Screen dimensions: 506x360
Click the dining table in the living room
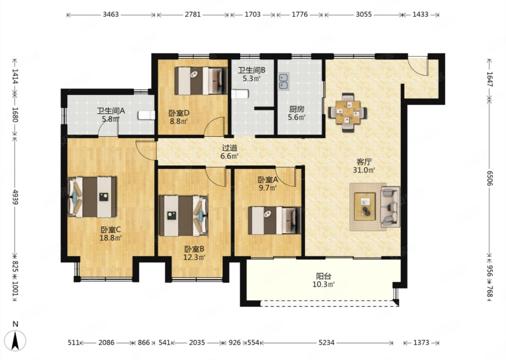348,112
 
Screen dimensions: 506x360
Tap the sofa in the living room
390,207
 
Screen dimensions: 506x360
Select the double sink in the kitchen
284,81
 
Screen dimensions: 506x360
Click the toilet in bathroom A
147,115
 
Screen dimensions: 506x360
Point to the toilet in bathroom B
240,94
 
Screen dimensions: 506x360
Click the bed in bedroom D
201,81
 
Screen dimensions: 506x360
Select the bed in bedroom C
92,197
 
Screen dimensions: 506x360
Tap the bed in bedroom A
274,220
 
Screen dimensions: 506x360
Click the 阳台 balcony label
324,276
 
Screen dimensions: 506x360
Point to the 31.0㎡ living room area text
364,170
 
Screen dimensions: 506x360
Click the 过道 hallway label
229,148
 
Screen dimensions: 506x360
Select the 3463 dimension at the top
111,14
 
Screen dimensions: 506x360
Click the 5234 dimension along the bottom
326,343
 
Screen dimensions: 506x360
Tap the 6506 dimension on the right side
489,179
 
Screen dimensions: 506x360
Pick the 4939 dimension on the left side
15,197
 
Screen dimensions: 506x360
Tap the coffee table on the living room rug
365,207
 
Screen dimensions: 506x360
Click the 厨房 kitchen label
297,109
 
